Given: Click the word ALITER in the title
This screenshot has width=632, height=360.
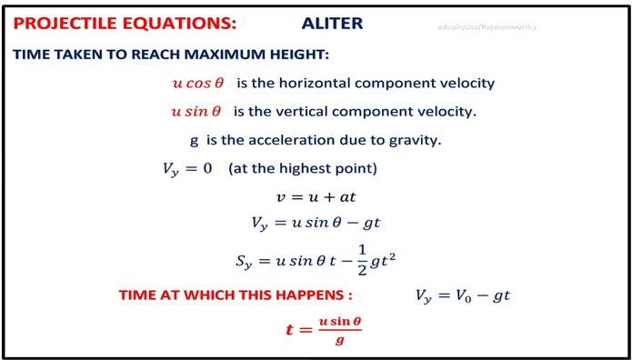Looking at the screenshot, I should coord(332,24).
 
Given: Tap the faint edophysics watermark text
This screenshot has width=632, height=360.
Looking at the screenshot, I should coord(486,26).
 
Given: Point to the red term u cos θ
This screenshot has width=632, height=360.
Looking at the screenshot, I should coord(197,83).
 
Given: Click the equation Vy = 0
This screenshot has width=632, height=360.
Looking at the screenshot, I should coord(186,169).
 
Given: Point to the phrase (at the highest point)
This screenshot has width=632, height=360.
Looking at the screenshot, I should coord(303,169).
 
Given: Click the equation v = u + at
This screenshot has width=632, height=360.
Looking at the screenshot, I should coord(315,196).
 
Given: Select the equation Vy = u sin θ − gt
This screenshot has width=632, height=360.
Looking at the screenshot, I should coord(315,223).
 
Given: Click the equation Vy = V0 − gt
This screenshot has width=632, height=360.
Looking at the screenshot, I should coord(466,295).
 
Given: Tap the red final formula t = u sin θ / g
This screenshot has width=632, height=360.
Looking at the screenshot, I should coord(324,329).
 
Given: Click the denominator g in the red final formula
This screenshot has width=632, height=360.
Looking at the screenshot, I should coord(338,339).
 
